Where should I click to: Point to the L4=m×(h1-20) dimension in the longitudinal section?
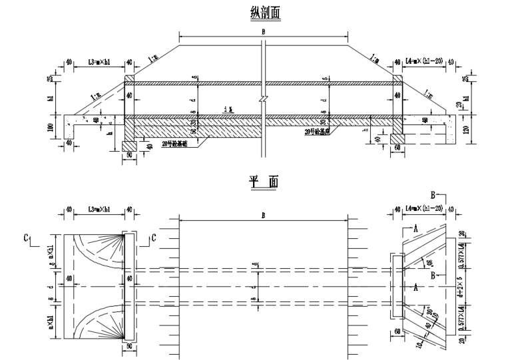coord(424,63)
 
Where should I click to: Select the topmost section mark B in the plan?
coord(433,195)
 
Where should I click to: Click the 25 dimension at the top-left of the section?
coord(51,80)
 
